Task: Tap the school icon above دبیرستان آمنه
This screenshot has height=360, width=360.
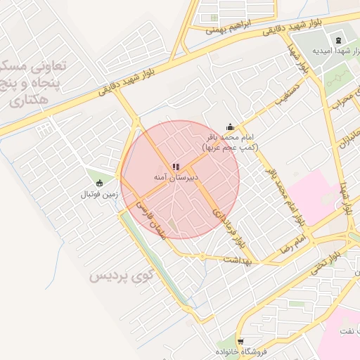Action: pyautogui.click(x=174, y=167)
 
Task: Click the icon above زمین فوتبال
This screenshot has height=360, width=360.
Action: pyautogui.click(x=99, y=183)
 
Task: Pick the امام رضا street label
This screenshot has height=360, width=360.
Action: pyautogui.click(x=292, y=245)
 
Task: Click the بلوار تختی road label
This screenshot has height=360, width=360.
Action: pyautogui.click(x=328, y=261)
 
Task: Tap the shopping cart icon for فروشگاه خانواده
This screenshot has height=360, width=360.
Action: pyautogui.click(x=240, y=340)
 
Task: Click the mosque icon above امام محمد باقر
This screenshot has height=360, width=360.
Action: pyautogui.click(x=229, y=127)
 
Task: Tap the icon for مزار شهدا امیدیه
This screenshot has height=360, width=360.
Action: pyautogui.click(x=337, y=40)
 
